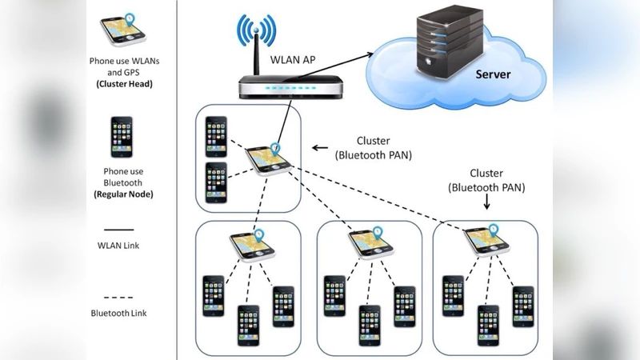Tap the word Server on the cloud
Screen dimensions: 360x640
pos(493,74)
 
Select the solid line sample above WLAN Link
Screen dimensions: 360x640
pos(120,230)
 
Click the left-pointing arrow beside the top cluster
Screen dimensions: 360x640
pos(320,148)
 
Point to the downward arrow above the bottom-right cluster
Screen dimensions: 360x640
pos(486,205)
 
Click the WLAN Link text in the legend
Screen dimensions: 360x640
pos(118,246)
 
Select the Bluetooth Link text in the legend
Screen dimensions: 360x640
pos(119,313)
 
